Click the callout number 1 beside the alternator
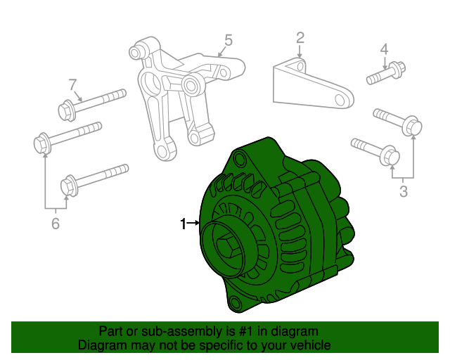click(x=183, y=224)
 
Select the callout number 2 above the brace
click(x=300, y=37)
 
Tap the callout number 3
click(x=403, y=190)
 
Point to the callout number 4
click(x=384, y=49)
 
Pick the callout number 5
click(x=228, y=39)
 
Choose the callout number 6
click(x=56, y=224)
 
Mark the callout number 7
click(x=72, y=85)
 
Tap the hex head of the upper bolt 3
click(x=413, y=127)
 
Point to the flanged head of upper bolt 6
click(x=41, y=143)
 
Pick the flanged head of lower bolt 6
click(x=68, y=186)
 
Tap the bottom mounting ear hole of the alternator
click(x=236, y=303)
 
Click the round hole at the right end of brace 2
click(x=345, y=98)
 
